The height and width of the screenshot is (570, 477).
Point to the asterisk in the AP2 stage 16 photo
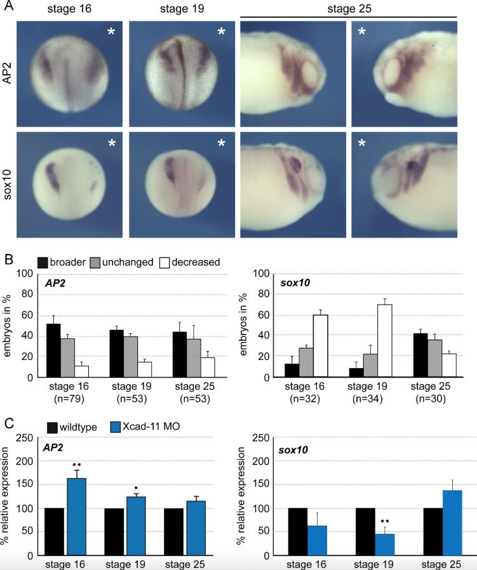click(x=111, y=32)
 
